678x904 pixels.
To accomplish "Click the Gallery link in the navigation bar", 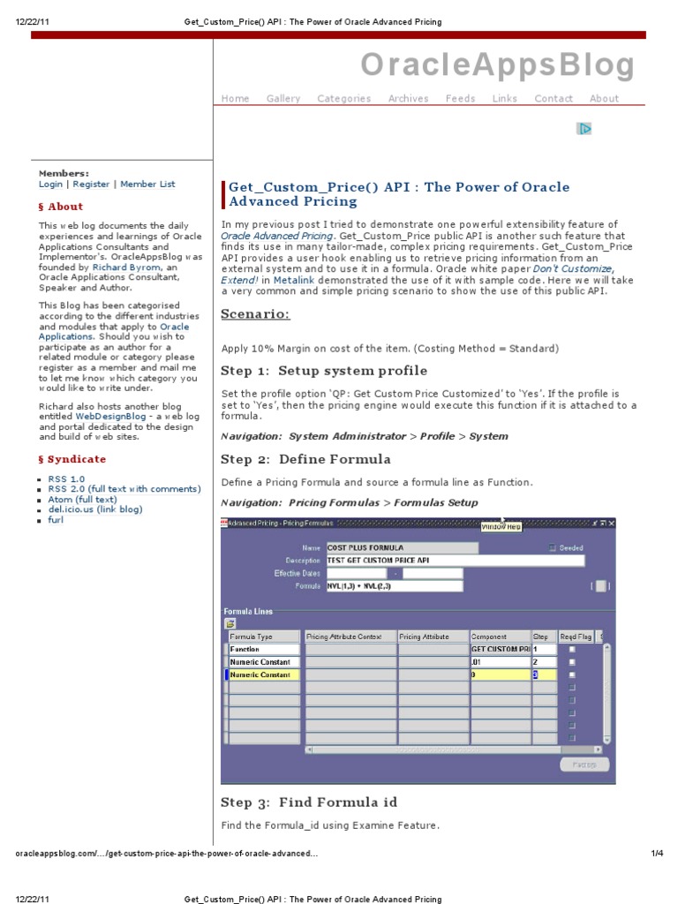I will [283, 99].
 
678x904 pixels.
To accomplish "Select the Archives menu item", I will [408, 99].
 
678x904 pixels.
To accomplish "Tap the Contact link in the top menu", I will [554, 99].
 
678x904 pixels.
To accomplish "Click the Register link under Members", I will [92, 185].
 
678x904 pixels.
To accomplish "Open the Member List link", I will [147, 185].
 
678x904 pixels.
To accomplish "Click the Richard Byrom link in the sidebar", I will [126, 267].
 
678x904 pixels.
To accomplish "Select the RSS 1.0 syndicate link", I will [66, 479].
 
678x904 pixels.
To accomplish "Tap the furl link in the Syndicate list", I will [56, 520].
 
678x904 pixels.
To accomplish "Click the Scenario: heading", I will [255, 315].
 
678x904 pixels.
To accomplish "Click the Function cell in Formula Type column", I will [264, 649].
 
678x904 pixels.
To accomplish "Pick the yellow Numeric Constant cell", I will [264, 674].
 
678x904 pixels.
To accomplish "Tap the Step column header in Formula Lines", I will [541, 636].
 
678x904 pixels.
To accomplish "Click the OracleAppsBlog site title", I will [497, 65].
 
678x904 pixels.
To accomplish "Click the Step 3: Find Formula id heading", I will [309, 802].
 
